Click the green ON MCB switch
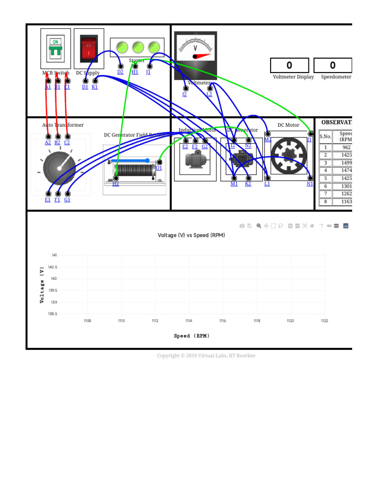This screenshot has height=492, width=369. (56, 49)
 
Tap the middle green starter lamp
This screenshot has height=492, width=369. (138, 47)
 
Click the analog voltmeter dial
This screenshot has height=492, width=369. (195, 50)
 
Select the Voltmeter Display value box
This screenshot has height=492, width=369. (289, 65)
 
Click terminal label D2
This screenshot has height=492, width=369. (120, 73)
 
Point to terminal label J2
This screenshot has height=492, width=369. (184, 95)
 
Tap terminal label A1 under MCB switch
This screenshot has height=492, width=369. (48, 87)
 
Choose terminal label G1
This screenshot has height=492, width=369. (67, 200)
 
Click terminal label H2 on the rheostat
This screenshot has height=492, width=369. (116, 184)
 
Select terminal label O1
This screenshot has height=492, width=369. (159, 168)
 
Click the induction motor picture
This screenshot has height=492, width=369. (195, 159)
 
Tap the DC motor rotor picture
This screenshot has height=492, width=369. (288, 156)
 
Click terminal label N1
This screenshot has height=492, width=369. (310, 184)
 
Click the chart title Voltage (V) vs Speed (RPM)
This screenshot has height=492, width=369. (191, 235)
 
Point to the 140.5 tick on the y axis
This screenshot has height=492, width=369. (52, 267)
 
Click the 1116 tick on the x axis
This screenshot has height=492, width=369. (222, 321)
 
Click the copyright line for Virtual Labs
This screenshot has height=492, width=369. (206, 356)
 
